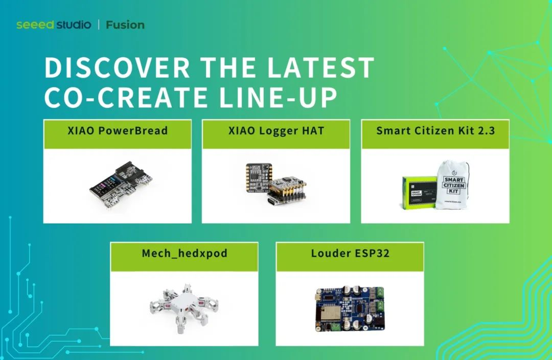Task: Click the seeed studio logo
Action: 54,25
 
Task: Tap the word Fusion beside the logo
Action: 125,25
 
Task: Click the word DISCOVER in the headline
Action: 118,67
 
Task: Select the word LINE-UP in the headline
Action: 279,97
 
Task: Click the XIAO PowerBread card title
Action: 118,131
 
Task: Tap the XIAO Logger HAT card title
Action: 276,131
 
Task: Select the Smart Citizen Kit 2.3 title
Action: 435,131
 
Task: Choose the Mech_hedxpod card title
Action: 185,253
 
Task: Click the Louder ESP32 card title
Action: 350,253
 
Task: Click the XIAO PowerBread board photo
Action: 122,185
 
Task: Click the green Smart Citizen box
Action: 420,193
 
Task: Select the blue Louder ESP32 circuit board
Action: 350,308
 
